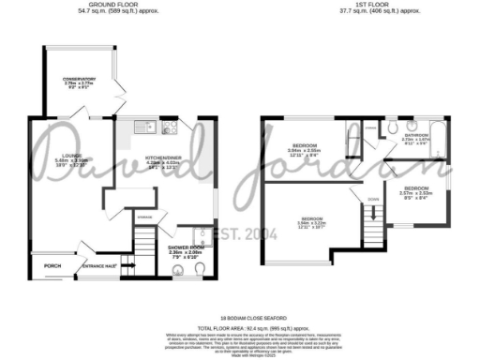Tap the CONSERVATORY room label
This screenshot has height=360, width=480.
pos(77,81)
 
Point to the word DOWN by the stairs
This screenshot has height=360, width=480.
pos(373,199)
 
